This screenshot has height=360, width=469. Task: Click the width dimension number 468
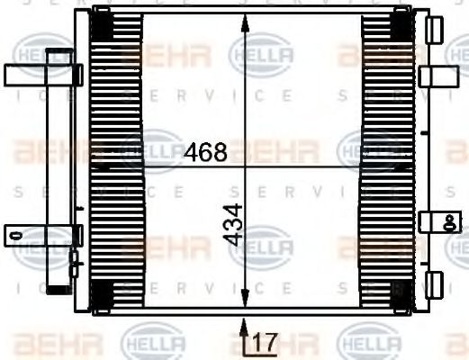click(x=205, y=152)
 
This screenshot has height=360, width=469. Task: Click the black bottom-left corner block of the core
click(x=102, y=293)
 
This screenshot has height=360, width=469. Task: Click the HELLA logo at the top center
click(x=261, y=58)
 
